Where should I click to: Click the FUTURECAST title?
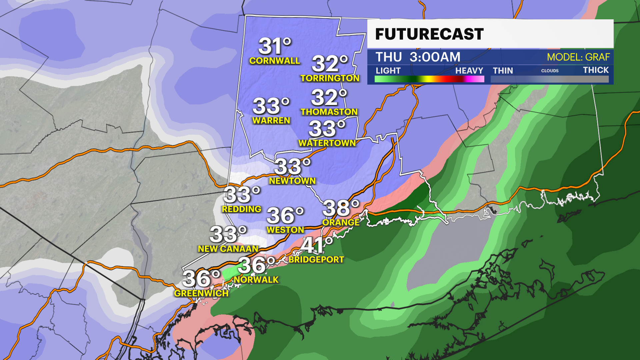(x=429, y=34)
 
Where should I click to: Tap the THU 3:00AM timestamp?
(x=418, y=57)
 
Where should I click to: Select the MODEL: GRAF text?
(x=578, y=57)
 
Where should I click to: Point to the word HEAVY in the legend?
(x=469, y=71)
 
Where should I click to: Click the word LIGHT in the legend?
(x=388, y=71)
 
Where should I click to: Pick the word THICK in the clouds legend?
(x=596, y=70)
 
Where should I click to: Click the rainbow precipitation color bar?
(x=429, y=79)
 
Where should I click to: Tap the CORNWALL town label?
(x=275, y=61)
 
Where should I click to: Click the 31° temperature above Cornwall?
(x=275, y=46)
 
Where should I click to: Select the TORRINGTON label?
(x=330, y=78)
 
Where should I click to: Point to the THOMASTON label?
(x=329, y=112)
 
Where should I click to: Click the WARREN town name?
(x=271, y=120)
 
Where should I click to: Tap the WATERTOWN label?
(x=327, y=143)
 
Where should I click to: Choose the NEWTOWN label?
(x=292, y=181)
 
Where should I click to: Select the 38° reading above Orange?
(x=341, y=208)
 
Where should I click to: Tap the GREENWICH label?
(x=201, y=293)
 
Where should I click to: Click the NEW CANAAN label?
(x=228, y=249)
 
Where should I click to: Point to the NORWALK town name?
(x=256, y=280)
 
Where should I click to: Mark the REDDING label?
(x=242, y=209)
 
